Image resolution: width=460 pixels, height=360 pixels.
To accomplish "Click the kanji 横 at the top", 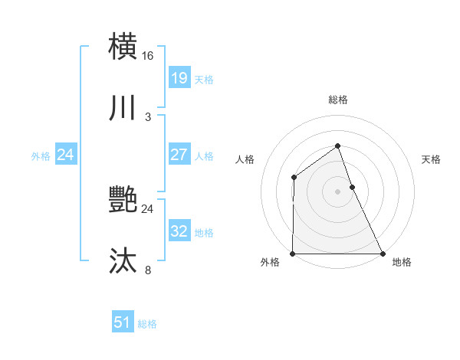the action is pyautogui.click(x=123, y=45).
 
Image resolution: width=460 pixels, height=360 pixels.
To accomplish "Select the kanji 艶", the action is pyautogui.click(x=123, y=200).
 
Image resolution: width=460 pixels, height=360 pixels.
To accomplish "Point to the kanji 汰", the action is pyautogui.click(x=123, y=261).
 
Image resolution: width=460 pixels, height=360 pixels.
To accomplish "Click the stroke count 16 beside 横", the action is pyautogui.click(x=148, y=55).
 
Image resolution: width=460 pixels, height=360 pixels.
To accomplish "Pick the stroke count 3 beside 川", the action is pyautogui.click(x=148, y=117).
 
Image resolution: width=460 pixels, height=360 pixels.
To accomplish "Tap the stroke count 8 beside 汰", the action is pyautogui.click(x=148, y=270).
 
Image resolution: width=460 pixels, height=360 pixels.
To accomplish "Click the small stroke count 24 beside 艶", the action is pyautogui.click(x=148, y=208).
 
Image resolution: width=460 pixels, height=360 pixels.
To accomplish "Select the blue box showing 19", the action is pyautogui.click(x=179, y=77).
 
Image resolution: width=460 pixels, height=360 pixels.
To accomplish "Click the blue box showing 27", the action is pyautogui.click(x=179, y=154).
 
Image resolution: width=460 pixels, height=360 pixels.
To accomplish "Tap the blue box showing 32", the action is pyautogui.click(x=179, y=231).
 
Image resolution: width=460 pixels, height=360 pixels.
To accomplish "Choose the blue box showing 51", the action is pyautogui.click(x=122, y=322).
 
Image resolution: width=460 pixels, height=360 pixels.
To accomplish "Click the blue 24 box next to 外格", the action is pyautogui.click(x=65, y=154).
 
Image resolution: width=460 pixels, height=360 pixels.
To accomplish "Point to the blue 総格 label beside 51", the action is pyautogui.click(x=147, y=324).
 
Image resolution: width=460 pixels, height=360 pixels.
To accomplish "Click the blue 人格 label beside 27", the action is pyautogui.click(x=204, y=155).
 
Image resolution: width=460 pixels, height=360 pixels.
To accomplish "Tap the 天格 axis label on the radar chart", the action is pyautogui.click(x=432, y=159).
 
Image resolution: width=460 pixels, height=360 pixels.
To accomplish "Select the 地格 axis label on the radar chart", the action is pyautogui.click(x=402, y=262).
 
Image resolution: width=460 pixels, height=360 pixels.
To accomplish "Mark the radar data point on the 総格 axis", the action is pyautogui.click(x=337, y=146).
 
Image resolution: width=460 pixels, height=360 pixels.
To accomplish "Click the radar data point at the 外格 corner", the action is pyautogui.click(x=293, y=254).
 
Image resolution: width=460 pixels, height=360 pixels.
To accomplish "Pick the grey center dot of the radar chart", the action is pyautogui.click(x=337, y=191).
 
